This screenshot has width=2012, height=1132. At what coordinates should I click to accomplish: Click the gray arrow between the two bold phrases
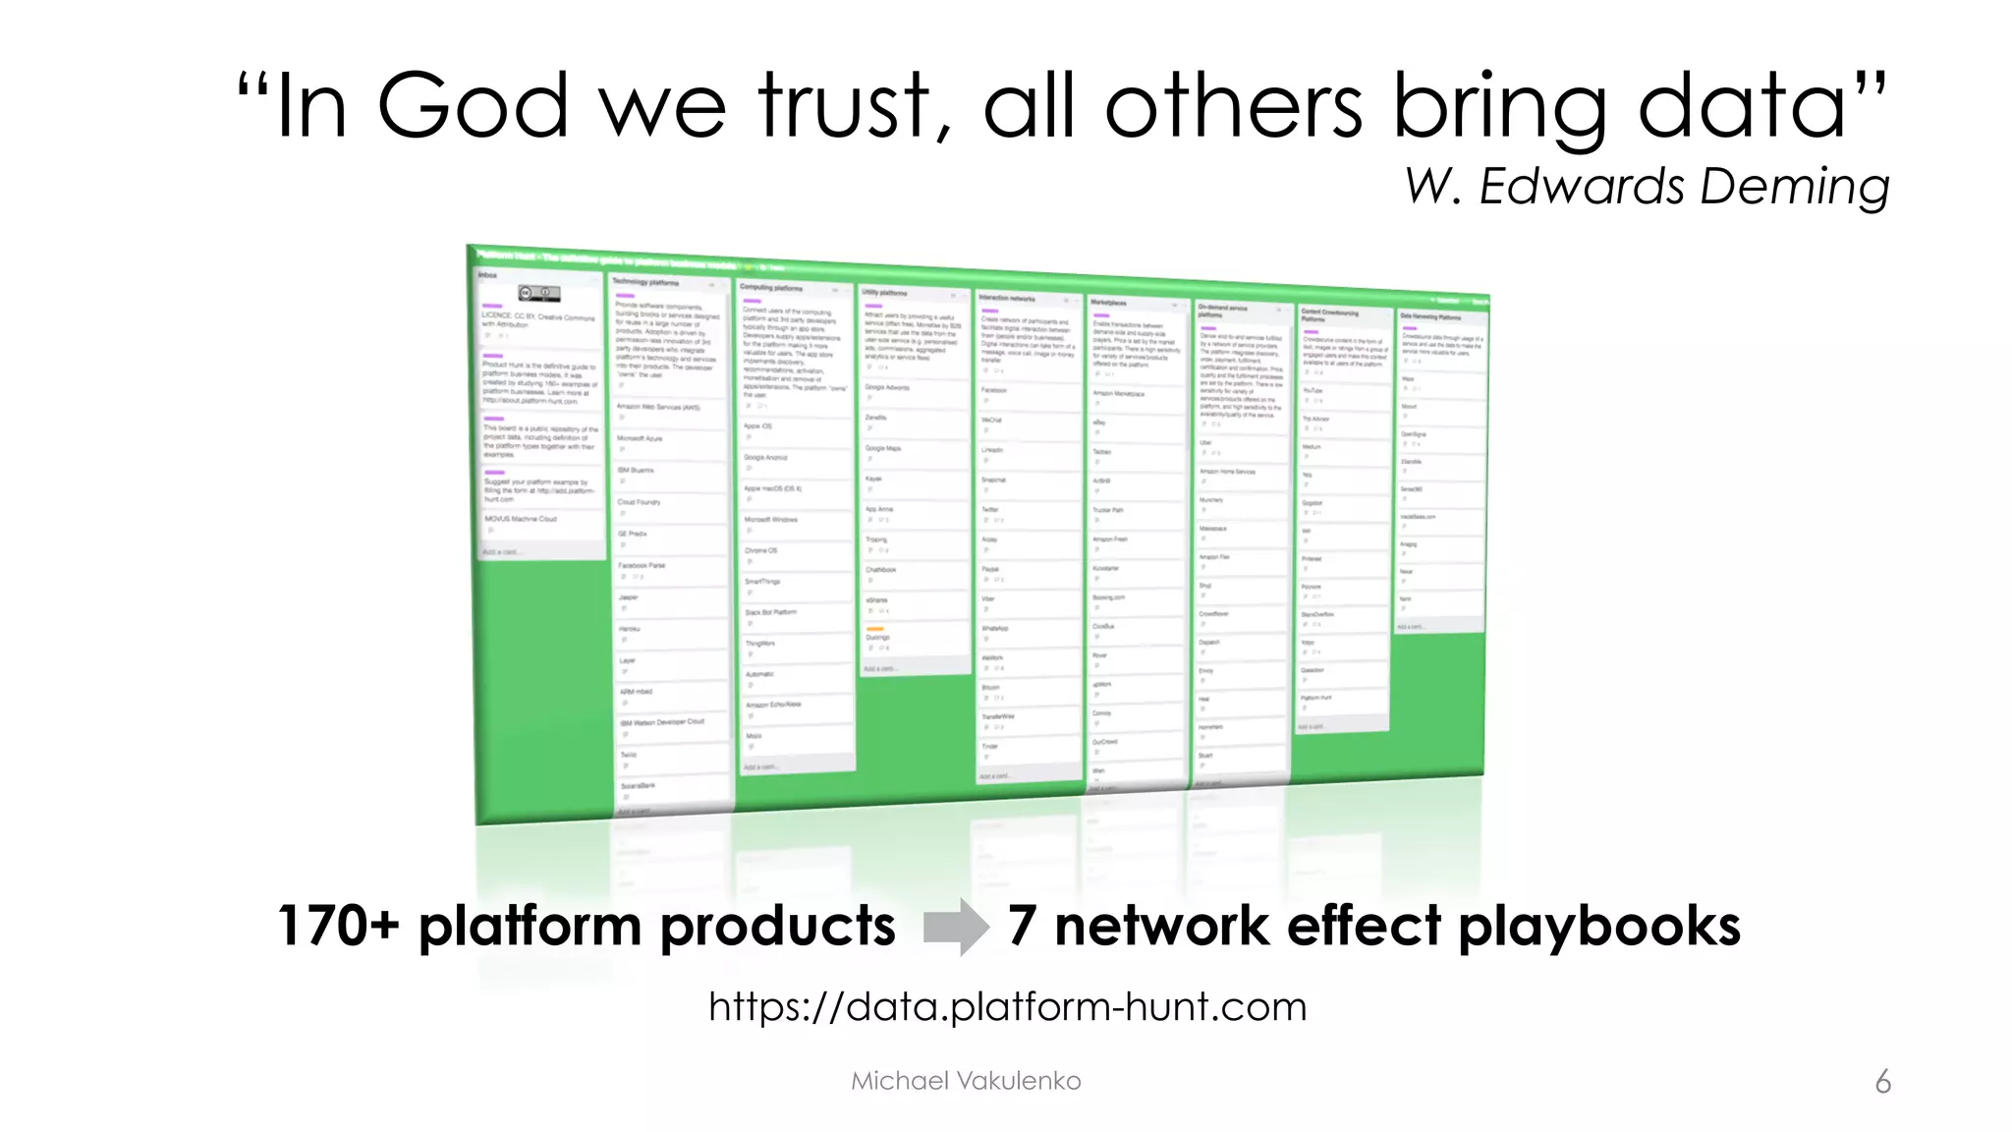point(956,927)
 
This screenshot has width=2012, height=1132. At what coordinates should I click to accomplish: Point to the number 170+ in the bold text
point(338,926)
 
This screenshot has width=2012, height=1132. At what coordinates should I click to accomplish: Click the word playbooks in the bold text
point(1598,927)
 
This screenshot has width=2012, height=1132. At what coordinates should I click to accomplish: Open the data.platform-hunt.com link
point(1007,1007)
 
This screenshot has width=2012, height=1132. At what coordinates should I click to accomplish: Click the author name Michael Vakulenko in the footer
point(966,1081)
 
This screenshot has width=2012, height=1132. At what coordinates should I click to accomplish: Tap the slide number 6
point(1882,1082)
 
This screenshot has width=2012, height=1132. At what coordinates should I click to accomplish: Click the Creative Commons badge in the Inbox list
point(539,293)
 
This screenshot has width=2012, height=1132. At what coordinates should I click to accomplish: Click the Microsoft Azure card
point(641,439)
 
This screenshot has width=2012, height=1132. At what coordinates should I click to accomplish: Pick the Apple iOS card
point(758,426)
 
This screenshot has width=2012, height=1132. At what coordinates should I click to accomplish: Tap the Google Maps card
point(883,449)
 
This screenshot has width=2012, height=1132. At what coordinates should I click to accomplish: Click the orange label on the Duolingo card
point(875,629)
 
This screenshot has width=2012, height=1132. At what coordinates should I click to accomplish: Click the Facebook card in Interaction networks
point(994,391)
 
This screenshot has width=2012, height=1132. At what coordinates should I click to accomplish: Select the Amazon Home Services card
point(1228,473)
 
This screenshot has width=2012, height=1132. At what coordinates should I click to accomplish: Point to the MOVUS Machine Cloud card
point(521,519)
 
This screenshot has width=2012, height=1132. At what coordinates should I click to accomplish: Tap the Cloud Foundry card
point(640,502)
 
